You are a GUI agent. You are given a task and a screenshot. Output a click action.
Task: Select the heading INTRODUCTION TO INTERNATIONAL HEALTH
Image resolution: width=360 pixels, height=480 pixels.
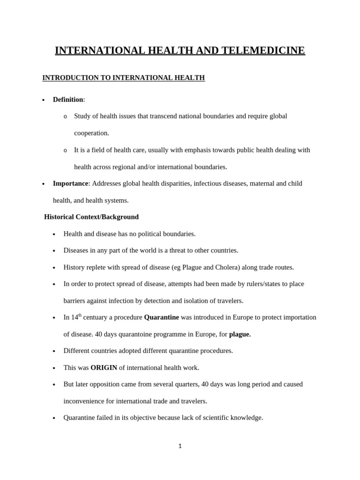click(123, 78)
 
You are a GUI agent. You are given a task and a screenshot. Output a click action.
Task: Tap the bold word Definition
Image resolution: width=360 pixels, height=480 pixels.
click(68, 99)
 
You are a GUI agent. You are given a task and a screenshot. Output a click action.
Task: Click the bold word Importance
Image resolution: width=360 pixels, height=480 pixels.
click(70, 183)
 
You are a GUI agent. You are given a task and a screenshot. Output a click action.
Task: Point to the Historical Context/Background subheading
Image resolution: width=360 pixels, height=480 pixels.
click(91, 217)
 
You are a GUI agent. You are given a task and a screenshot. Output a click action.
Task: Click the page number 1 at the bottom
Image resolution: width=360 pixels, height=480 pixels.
click(180, 446)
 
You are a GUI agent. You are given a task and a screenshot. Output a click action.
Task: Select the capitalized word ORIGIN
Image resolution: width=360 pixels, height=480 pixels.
click(104, 367)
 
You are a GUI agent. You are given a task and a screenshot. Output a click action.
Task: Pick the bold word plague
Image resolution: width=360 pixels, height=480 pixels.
click(240, 334)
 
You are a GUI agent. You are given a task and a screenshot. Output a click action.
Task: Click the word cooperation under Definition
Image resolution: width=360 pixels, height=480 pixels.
click(91, 133)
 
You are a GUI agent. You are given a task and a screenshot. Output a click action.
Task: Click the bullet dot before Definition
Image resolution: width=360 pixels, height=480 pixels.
click(43, 100)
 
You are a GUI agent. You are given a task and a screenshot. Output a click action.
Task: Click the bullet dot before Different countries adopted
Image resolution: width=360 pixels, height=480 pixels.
click(54, 351)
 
